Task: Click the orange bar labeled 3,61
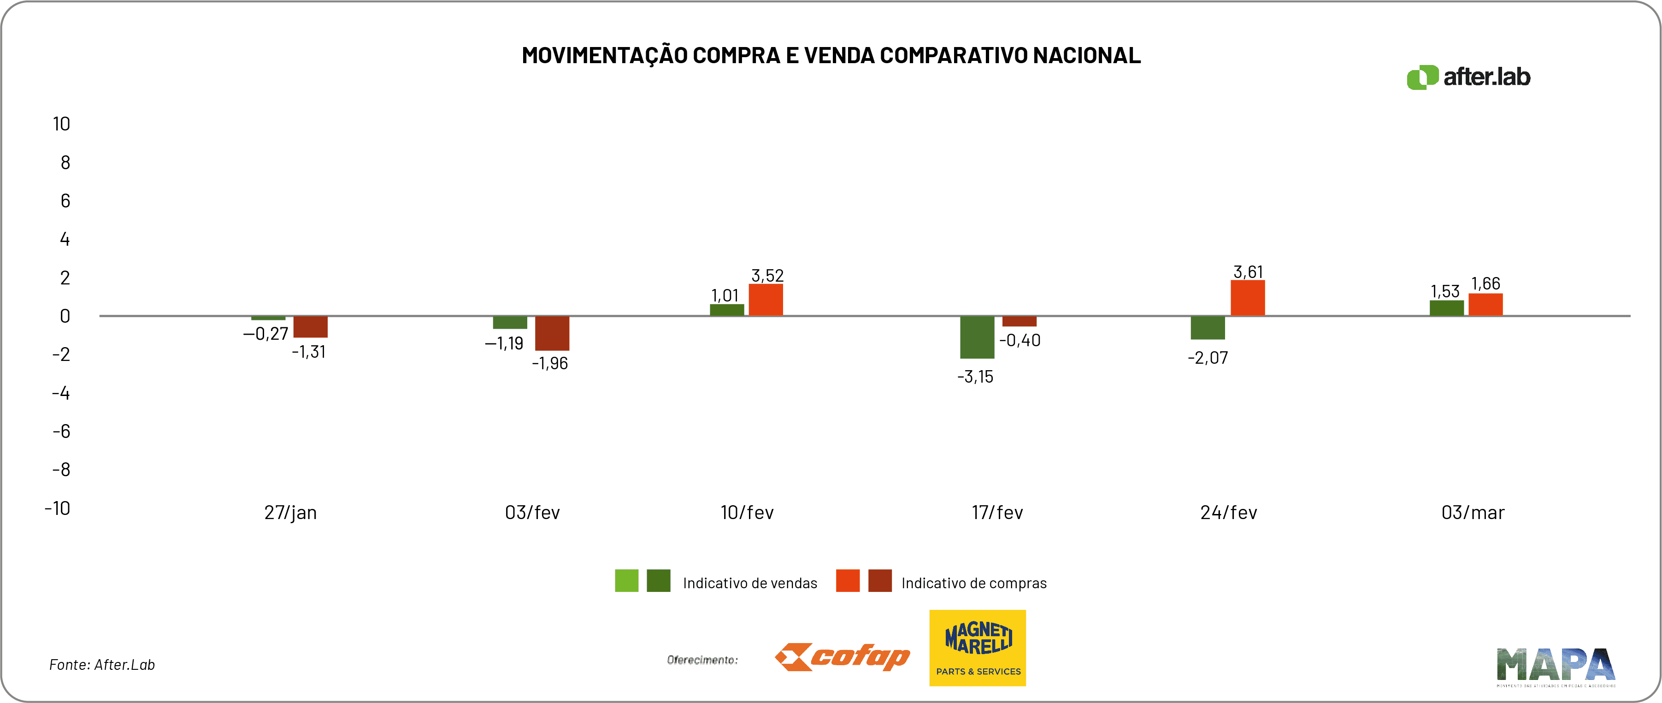pos(1247,298)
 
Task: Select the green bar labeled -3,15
pos(977,337)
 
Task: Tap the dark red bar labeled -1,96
pos(552,333)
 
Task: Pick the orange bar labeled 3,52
pos(766,300)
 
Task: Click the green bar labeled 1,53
pos(1446,308)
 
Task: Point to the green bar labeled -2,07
pos(1207,328)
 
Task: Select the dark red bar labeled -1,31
pos(310,327)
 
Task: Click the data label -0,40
pos(1020,340)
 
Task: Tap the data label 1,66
pos(1485,284)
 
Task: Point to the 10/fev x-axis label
pos(747,513)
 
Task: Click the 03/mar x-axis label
pos(1472,513)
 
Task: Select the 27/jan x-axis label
pos(290,513)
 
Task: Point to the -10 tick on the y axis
pos(58,508)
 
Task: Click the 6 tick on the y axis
pos(65,201)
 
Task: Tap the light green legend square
pos(626,581)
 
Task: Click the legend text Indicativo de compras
pos(973,583)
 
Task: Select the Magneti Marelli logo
pos(978,648)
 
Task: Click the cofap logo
pos(842,657)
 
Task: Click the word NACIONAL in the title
pos(1086,55)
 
